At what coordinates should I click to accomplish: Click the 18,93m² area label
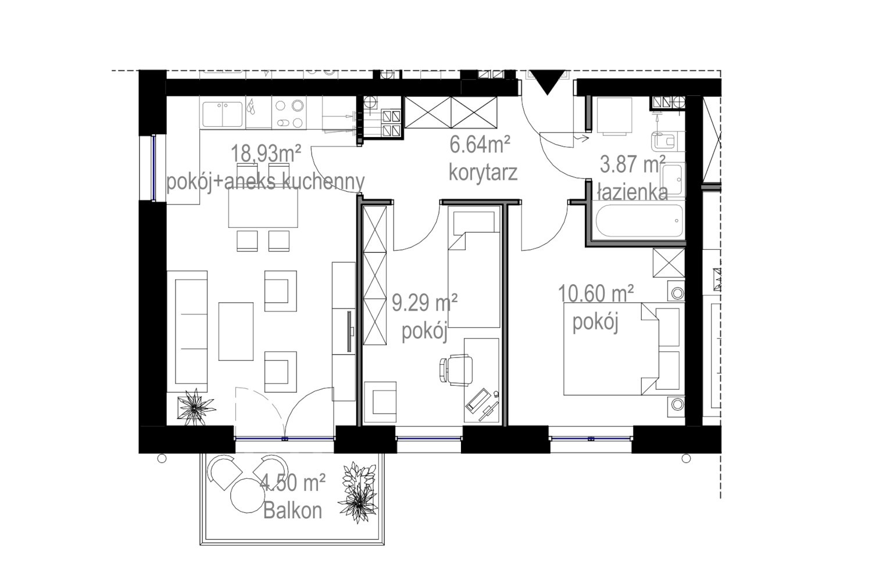(x=266, y=154)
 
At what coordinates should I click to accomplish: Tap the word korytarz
(x=483, y=173)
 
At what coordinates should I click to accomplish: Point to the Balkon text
(x=293, y=510)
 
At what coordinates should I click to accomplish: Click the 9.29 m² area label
(x=425, y=303)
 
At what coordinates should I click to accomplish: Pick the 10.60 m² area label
(x=596, y=293)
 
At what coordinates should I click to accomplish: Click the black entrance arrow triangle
(x=548, y=82)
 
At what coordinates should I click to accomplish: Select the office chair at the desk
(x=456, y=370)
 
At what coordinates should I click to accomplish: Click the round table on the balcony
(x=247, y=496)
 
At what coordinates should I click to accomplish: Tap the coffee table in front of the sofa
(x=236, y=331)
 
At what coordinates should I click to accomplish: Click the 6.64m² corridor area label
(x=480, y=145)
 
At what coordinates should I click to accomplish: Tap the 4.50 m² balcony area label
(x=293, y=483)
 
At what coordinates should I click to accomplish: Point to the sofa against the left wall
(x=187, y=332)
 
